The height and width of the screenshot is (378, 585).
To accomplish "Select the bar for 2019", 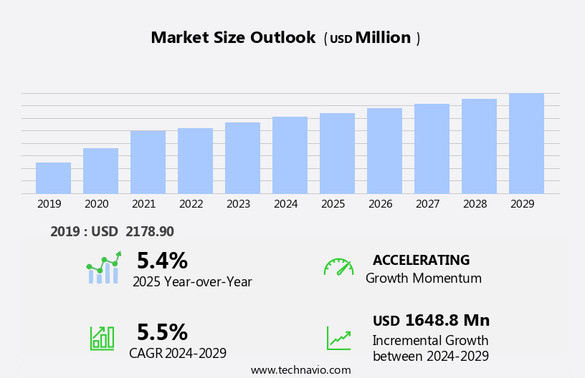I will click(x=53, y=178).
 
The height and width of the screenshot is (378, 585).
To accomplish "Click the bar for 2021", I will click(x=148, y=163).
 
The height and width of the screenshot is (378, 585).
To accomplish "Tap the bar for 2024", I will click(x=290, y=155).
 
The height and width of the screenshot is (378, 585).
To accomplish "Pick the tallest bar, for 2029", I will click(x=526, y=144).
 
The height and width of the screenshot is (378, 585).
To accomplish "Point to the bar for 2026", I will click(x=384, y=151).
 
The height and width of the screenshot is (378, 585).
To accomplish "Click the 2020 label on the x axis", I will click(x=96, y=204).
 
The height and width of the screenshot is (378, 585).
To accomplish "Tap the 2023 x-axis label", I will click(x=238, y=204).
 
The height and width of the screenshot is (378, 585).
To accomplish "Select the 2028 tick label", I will click(x=475, y=204).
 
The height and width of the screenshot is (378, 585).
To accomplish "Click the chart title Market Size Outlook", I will click(x=233, y=38).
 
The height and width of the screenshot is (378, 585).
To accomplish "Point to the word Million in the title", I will click(x=383, y=38).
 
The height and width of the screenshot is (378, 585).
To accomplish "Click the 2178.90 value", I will click(x=149, y=232).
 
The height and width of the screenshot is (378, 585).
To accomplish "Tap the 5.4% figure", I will click(x=162, y=261).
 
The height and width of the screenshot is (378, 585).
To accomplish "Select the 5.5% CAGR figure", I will click(x=162, y=332).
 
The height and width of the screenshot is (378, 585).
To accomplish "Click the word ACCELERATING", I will click(x=421, y=261).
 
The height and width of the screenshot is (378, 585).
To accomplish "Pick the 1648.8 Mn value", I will click(x=447, y=321).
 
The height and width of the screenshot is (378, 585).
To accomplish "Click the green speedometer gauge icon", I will click(x=338, y=267).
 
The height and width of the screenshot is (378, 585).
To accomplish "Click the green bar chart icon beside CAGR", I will click(x=102, y=337).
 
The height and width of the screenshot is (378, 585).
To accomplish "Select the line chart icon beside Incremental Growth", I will click(x=338, y=338).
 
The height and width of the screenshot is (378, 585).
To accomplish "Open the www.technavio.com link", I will click(x=300, y=370).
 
